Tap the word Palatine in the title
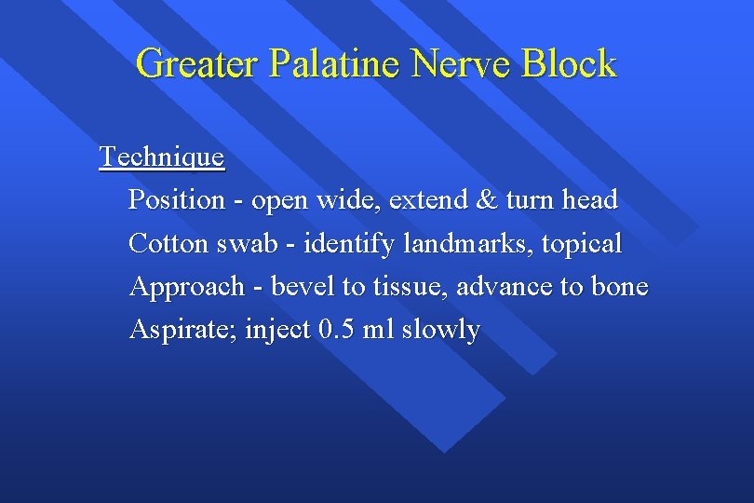tap(336, 64)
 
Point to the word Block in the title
tap(569, 64)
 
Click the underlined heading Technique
tap(162, 157)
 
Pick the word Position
tap(177, 200)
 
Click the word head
tap(588, 200)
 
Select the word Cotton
tap(169, 244)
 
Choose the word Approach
tap(186, 287)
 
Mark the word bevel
tap(303, 287)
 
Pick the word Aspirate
tap(182, 330)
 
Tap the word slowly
tap(441, 330)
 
